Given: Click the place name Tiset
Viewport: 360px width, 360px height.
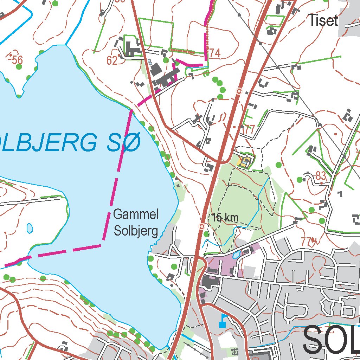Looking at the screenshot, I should coord(323,20).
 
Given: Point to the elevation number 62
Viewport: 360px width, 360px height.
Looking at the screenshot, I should coord(112,61).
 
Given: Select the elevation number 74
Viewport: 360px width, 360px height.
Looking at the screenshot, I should coord(214,53).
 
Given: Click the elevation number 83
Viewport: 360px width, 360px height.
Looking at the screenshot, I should coord(321,176).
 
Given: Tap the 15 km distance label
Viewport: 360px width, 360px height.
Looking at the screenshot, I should coord(225,218).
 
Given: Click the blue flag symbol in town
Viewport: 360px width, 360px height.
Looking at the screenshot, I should coord(223,321).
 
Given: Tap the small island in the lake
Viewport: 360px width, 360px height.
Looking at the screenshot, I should coord(30,228).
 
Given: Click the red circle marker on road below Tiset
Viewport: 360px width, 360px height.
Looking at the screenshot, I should coord(239,91).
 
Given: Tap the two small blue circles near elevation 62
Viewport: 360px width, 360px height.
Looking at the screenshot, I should coord(150,62).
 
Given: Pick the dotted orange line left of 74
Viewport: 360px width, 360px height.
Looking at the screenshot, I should coord(182,51).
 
